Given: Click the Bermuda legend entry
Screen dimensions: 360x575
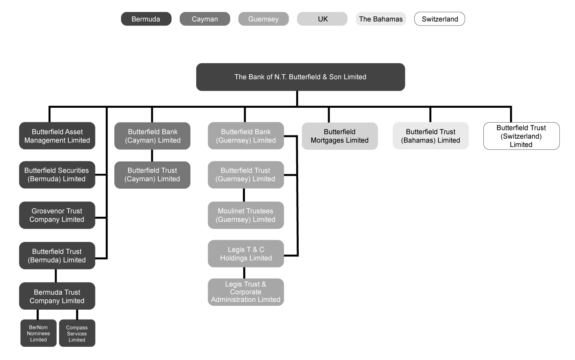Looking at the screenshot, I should pyautogui.click(x=146, y=19).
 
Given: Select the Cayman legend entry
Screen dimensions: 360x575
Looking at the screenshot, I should pyautogui.click(x=204, y=19).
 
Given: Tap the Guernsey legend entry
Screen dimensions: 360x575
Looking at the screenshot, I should pyautogui.click(x=263, y=19).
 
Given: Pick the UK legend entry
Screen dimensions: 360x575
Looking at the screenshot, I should pyautogui.click(x=322, y=19).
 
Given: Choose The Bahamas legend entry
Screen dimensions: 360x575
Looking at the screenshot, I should pyautogui.click(x=380, y=19).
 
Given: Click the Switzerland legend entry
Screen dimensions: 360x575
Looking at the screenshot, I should pyautogui.click(x=440, y=19).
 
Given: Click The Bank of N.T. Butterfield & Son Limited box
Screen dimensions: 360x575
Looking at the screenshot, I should pyautogui.click(x=300, y=77).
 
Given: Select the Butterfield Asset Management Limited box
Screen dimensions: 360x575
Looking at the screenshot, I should pyautogui.click(x=57, y=136).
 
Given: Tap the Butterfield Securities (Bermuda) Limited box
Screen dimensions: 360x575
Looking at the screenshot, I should pyautogui.click(x=57, y=175).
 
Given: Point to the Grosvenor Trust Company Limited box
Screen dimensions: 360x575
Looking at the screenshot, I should pyautogui.click(x=57, y=215).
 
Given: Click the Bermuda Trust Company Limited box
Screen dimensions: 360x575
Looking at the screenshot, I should pyautogui.click(x=57, y=296).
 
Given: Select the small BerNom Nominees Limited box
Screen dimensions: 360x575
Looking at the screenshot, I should pyautogui.click(x=38, y=333).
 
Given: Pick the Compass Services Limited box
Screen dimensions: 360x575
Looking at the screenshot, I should pyautogui.click(x=77, y=333).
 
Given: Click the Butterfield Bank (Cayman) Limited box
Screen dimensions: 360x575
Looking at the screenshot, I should pyautogui.click(x=152, y=136).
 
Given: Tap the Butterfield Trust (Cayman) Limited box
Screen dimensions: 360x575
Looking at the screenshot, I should pyautogui.click(x=152, y=175).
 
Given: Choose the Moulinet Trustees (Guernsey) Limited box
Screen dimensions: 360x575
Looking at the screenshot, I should pyautogui.click(x=246, y=215).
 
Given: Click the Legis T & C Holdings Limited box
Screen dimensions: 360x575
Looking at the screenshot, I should pyautogui.click(x=246, y=253).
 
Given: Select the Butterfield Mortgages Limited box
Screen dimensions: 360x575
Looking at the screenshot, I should pyautogui.click(x=340, y=136).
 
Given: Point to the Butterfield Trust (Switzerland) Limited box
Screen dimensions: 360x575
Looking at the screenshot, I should pyautogui.click(x=521, y=136).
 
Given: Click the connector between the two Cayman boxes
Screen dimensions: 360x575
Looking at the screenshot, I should pyautogui.click(x=152, y=155).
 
